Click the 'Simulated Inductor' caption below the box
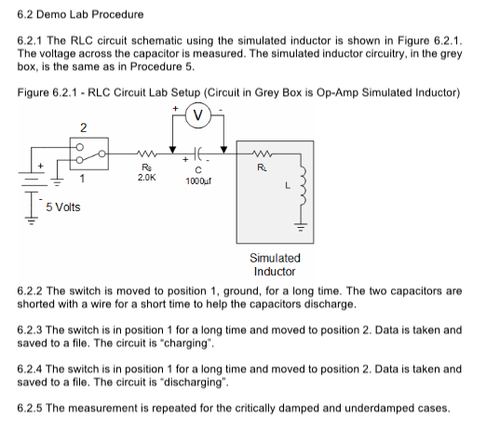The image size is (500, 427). click(275, 264)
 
